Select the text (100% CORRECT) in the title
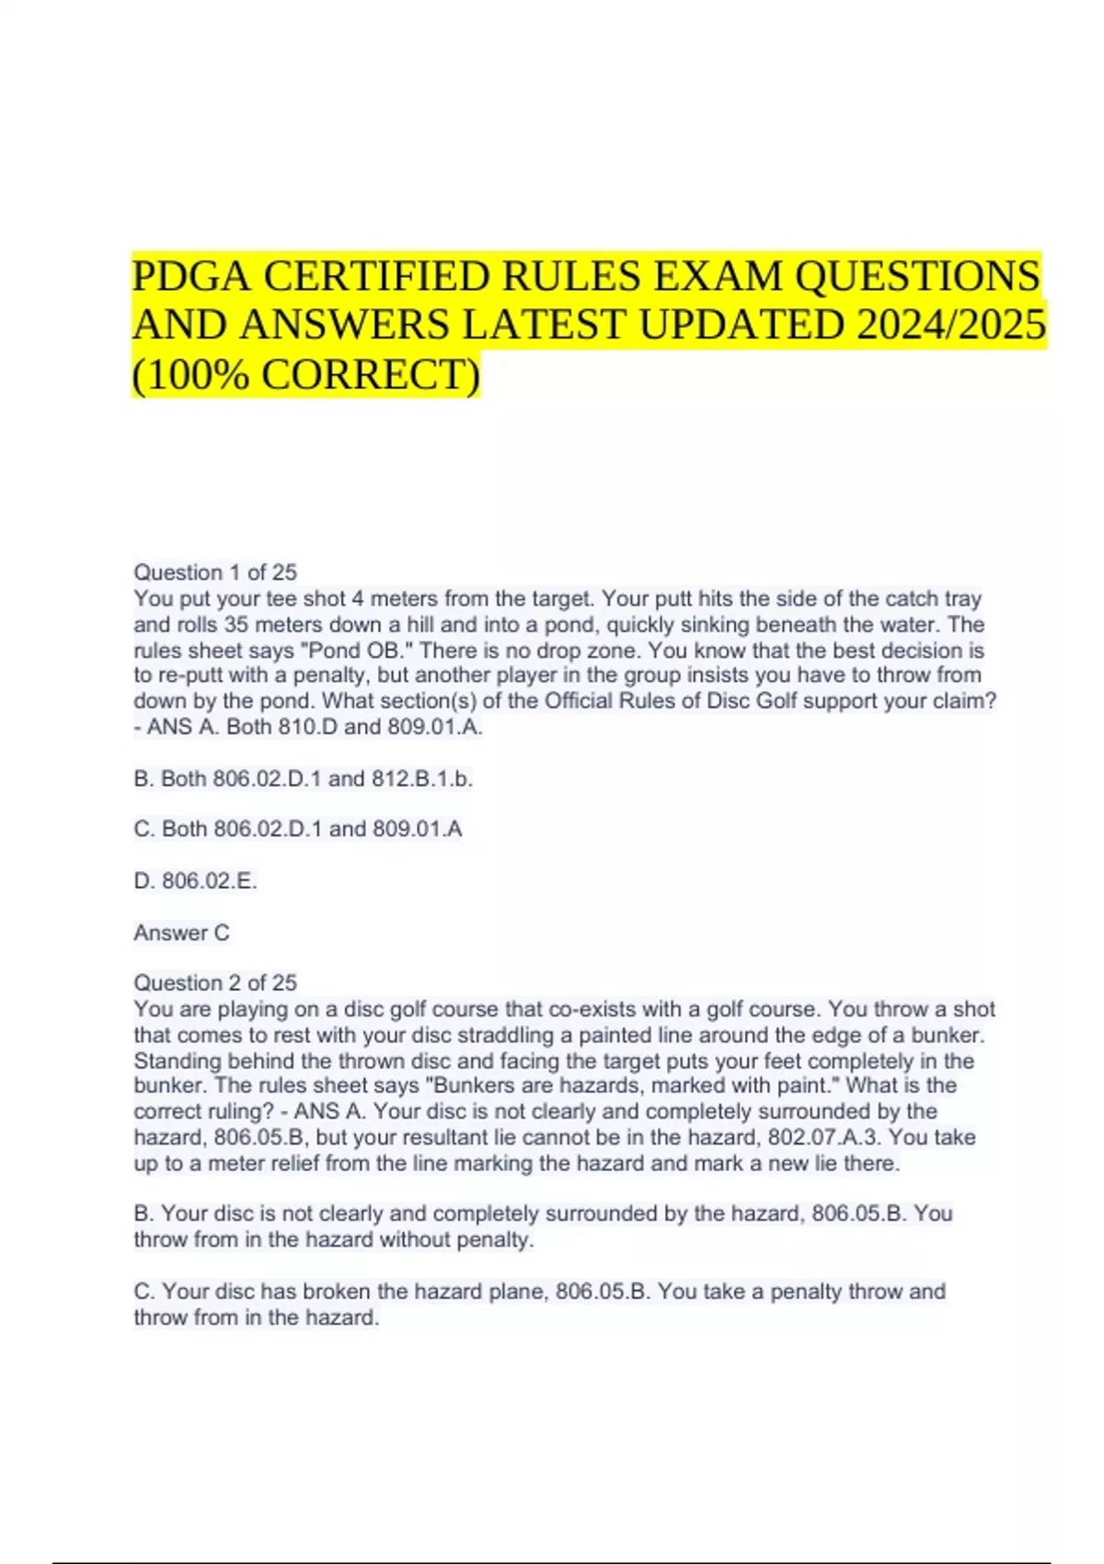click(305, 374)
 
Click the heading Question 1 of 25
click(215, 572)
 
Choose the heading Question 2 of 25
click(215, 983)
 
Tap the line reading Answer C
click(181, 933)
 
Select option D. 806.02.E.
click(195, 880)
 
